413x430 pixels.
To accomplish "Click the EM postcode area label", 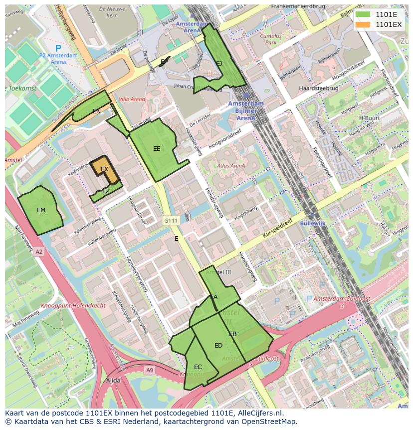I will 41,210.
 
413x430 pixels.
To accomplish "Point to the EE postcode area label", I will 157,149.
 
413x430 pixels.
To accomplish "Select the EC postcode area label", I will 198,367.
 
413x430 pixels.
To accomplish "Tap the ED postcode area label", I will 218,346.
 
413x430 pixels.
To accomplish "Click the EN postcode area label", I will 96,111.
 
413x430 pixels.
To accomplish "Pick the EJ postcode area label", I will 219,63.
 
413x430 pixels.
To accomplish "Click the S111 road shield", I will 171,220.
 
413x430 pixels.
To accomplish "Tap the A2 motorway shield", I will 39,252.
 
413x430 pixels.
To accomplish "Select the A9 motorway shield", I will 150,370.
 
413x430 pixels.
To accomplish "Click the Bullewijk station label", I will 313,223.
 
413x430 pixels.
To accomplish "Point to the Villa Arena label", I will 133,99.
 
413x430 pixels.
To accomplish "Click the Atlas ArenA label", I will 231,166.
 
